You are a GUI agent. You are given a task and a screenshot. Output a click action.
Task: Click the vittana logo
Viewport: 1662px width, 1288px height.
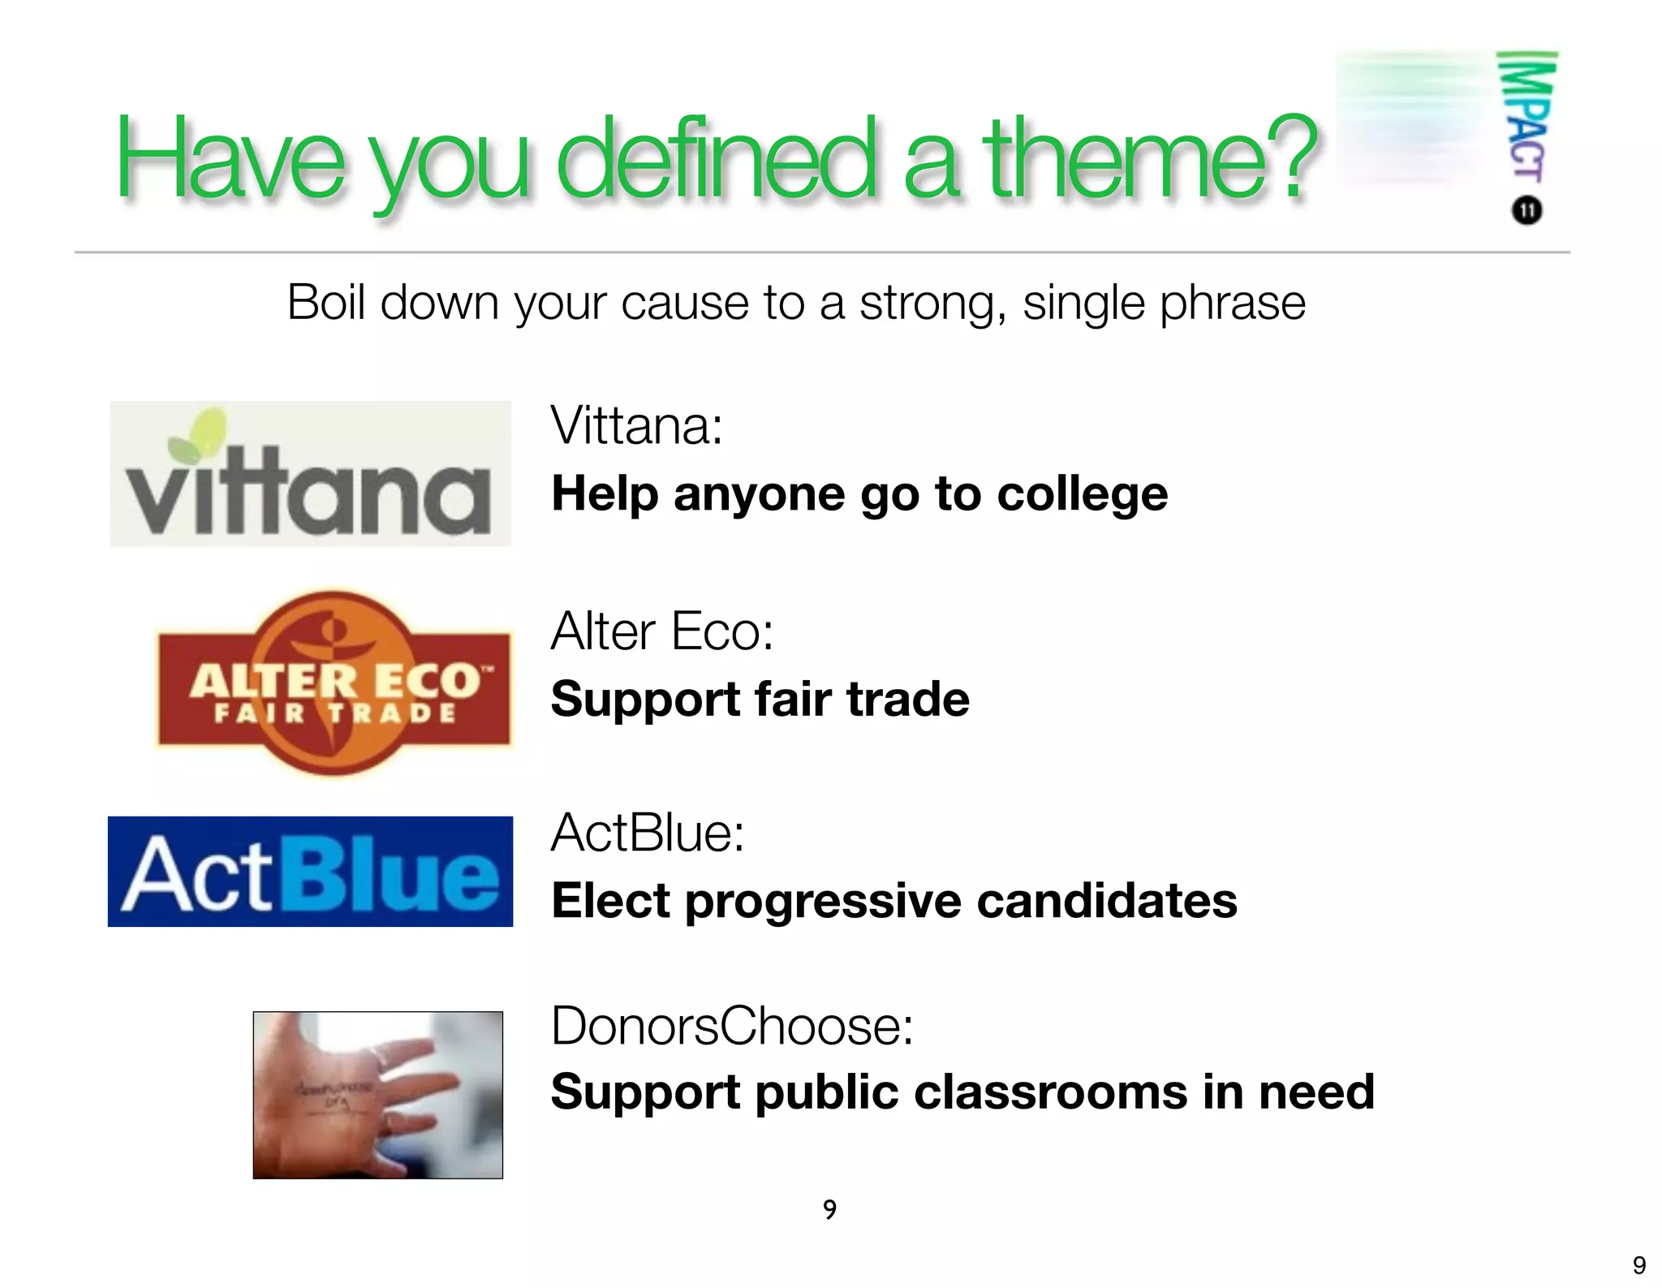click(310, 475)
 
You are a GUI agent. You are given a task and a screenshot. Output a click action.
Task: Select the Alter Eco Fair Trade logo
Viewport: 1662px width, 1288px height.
click(334, 683)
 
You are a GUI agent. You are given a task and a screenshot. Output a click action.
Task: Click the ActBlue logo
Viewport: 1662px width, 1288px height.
click(310, 872)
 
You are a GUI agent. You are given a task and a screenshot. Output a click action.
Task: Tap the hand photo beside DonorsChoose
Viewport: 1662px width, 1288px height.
click(377, 1095)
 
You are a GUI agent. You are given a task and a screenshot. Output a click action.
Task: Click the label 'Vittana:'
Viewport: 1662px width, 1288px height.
click(636, 425)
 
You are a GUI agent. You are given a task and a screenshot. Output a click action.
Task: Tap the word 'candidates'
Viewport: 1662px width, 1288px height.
click(1107, 901)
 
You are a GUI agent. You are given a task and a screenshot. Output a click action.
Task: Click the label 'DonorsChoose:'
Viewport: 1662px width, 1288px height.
click(732, 1026)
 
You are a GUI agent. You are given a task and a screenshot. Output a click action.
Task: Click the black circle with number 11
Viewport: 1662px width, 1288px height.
click(1526, 211)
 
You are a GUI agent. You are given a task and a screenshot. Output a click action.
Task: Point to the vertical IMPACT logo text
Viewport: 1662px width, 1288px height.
click(1526, 118)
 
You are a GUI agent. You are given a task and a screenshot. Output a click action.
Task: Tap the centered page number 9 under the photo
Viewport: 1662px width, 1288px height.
click(829, 1209)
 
